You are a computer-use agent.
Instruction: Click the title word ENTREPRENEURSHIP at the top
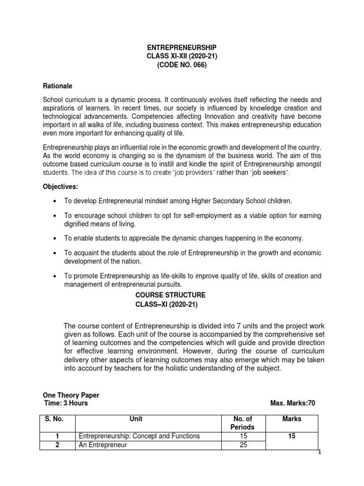coord(182,48)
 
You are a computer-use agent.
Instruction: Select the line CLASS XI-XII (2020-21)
coord(182,57)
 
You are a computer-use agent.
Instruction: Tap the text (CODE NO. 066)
coord(182,66)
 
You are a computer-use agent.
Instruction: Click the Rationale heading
coord(57,86)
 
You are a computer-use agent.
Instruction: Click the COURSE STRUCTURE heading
coord(171,295)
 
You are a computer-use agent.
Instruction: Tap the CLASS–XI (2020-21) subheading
coord(166,305)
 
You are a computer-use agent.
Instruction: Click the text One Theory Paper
coord(71,395)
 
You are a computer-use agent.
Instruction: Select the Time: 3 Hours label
coord(66,403)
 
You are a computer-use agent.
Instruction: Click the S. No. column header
coord(54,419)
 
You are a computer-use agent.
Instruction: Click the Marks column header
coord(291,419)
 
